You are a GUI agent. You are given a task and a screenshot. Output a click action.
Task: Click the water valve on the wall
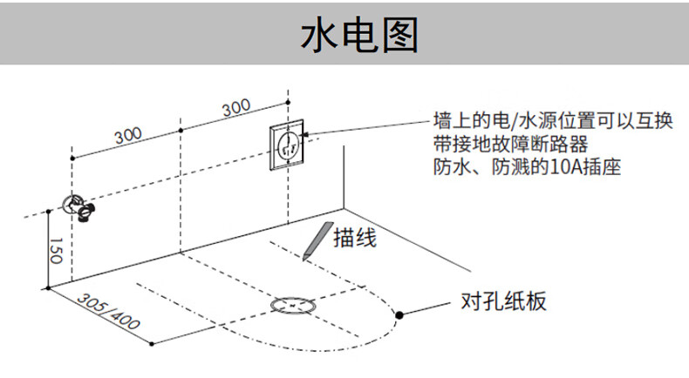(78, 206)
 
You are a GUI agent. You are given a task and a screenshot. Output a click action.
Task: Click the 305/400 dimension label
(109, 311)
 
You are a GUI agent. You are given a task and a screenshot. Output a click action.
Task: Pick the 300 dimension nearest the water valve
(128, 135)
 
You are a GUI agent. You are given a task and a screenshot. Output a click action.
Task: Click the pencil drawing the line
(315, 240)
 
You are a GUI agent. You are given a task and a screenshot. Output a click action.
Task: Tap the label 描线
(355, 236)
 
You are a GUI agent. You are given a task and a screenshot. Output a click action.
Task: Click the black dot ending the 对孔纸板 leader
(399, 314)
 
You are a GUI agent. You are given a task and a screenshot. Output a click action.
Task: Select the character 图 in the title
(399, 36)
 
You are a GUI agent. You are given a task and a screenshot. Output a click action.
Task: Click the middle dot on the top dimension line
(181, 130)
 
